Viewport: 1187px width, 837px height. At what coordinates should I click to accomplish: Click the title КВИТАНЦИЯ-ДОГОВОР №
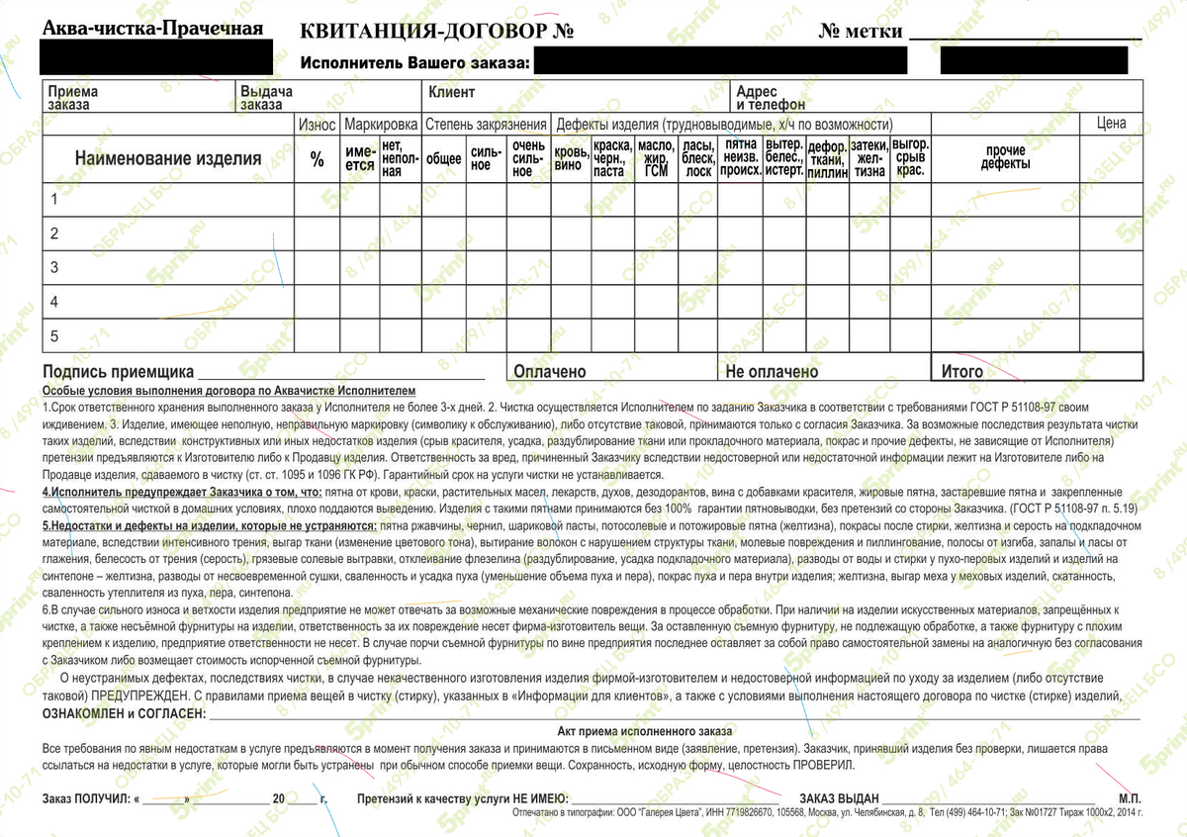click(x=437, y=31)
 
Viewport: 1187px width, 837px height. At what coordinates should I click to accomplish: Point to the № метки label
click(x=861, y=32)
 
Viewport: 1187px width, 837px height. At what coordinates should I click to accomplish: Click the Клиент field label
click(x=451, y=93)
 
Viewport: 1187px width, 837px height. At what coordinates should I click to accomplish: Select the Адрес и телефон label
click(x=771, y=98)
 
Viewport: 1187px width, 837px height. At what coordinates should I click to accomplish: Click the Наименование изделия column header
click(x=168, y=158)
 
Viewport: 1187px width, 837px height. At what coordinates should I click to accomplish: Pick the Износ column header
click(x=318, y=125)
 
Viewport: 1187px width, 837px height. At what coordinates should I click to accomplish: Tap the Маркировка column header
click(x=381, y=125)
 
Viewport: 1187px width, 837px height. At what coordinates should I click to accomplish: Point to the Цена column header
click(x=1111, y=124)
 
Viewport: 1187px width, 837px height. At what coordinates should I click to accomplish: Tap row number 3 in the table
click(x=55, y=268)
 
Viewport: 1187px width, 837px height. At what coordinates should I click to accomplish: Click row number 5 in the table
click(x=55, y=336)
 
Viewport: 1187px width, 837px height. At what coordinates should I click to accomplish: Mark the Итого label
click(x=962, y=372)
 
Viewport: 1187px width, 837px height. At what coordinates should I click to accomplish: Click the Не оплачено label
click(x=772, y=372)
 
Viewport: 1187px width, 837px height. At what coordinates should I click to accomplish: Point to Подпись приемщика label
click(x=118, y=373)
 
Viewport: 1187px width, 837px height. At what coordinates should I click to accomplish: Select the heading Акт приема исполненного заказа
click(x=644, y=730)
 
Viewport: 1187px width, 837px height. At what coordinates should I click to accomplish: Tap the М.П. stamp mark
click(x=1130, y=797)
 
